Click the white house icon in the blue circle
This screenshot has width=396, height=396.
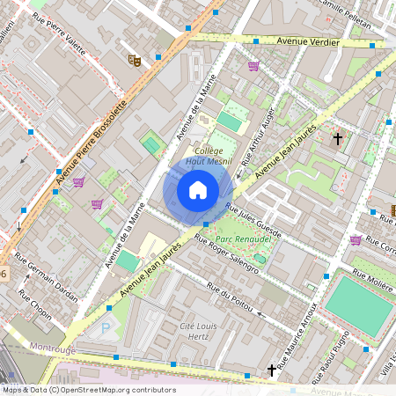click(198, 189)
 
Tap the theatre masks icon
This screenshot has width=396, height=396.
click(135, 61)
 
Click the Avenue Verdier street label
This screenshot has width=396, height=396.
click(306, 40)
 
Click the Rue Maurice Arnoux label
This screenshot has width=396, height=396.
click(296, 344)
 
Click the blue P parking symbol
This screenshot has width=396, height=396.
click(107, 328)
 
